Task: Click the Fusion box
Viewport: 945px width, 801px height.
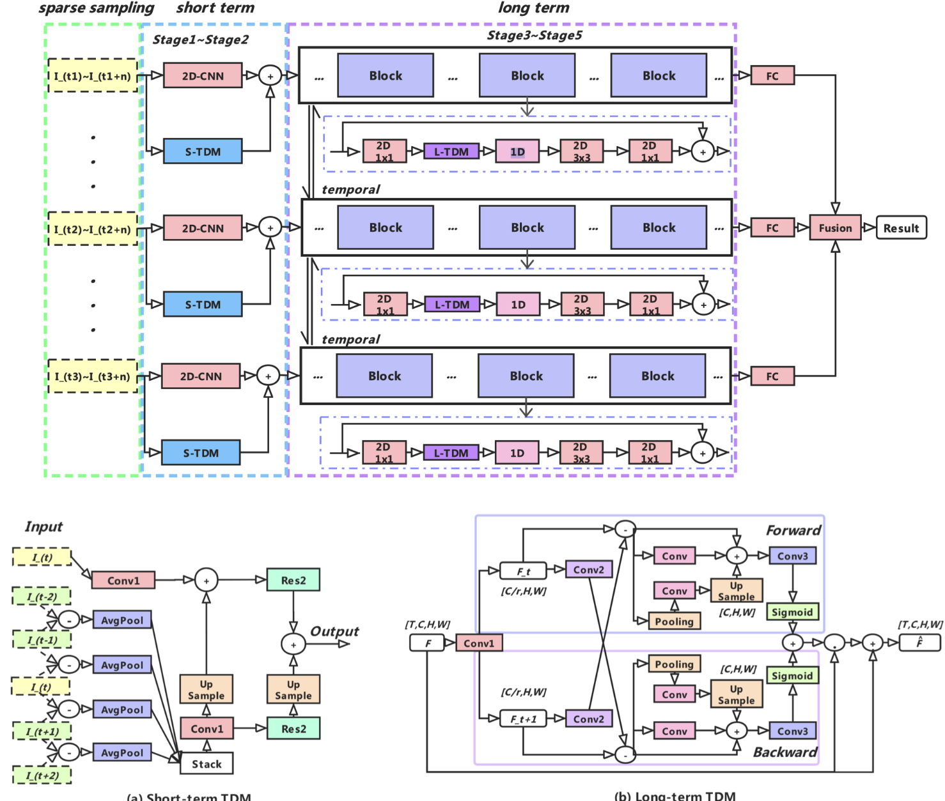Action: (x=835, y=228)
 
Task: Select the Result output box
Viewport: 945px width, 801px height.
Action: (x=901, y=228)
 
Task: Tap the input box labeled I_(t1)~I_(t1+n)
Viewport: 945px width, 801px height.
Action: (x=93, y=76)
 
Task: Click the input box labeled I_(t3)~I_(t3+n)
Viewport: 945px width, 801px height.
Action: (x=93, y=376)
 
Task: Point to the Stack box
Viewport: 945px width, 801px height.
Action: (x=207, y=764)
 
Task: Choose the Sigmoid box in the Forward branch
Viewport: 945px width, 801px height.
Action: (x=792, y=612)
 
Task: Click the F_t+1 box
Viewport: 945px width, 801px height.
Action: (x=523, y=719)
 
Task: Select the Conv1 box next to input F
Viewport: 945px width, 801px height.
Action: (x=479, y=643)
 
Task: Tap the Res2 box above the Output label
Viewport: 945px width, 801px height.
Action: (x=293, y=580)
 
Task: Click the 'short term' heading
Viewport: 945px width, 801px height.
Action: (x=215, y=8)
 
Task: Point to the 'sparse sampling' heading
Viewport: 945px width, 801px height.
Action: (x=96, y=8)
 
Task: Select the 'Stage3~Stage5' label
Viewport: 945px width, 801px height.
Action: (x=535, y=35)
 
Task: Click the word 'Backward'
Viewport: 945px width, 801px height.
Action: (x=785, y=752)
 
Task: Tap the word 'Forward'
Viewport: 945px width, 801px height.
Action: (x=793, y=530)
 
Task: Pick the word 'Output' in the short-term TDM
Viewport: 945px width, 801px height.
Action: (x=334, y=631)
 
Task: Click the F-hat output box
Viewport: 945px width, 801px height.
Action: (x=919, y=643)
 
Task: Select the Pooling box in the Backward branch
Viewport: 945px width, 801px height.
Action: (x=674, y=664)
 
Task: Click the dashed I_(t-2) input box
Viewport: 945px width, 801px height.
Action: (x=42, y=597)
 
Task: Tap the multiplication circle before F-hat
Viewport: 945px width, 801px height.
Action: (x=834, y=643)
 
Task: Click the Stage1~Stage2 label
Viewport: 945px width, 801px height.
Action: (x=200, y=40)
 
